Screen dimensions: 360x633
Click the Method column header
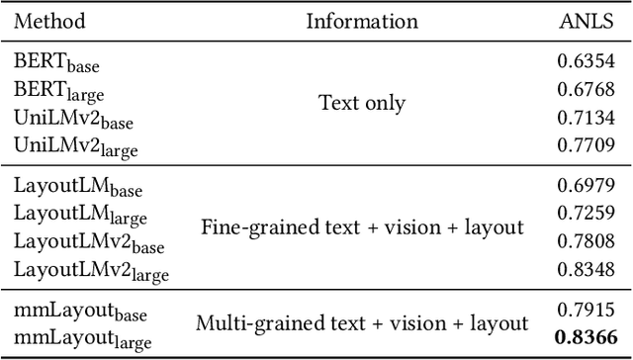50,21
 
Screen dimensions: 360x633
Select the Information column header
362,21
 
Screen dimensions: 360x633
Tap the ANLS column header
589,21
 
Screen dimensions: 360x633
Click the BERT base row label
56,60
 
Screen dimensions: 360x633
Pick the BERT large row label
58,89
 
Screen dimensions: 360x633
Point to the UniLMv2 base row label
73,118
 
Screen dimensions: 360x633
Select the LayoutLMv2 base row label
88,241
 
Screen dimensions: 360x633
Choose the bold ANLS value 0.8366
590,335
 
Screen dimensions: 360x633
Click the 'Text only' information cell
362,102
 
